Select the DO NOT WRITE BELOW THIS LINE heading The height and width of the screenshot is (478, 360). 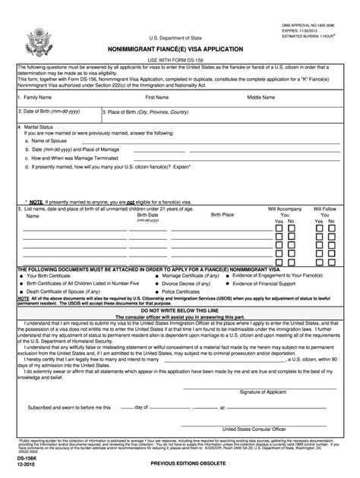(x=179, y=310)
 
